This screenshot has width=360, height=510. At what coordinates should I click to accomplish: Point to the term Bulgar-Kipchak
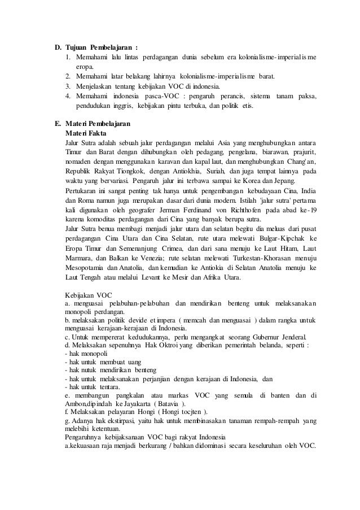pyautogui.click(x=274, y=251)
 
